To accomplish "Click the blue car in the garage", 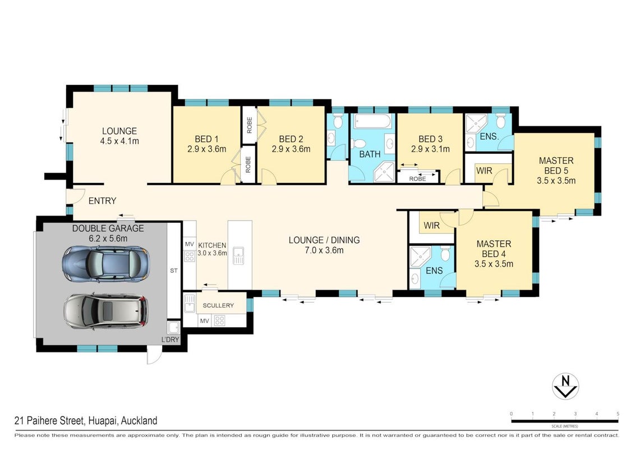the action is click(106, 264).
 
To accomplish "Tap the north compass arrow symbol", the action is click(565, 386).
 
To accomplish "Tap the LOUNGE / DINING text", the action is click(324, 240).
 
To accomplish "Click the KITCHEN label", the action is click(212, 245).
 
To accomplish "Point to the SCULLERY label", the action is click(218, 305).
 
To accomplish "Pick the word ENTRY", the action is click(103, 200).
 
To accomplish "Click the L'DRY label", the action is click(170, 340).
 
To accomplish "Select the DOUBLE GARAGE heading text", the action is click(108, 228).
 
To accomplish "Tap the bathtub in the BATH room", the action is click(372, 121).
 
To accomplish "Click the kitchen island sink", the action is click(238, 255).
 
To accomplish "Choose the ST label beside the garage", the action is click(174, 271).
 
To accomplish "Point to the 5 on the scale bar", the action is click(618, 414).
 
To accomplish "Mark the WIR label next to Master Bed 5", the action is click(484, 171).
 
